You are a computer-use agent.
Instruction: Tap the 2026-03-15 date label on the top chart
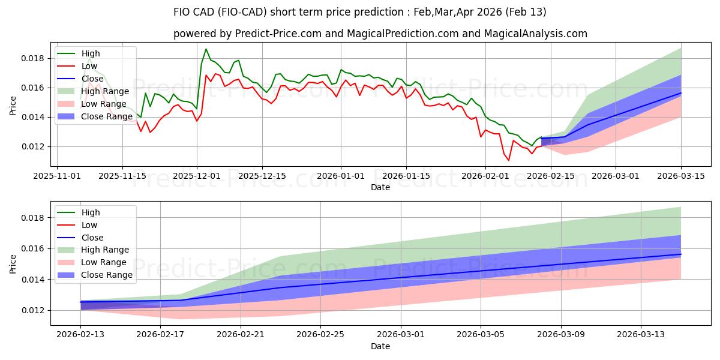point(681,176)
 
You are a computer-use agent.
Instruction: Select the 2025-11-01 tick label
point(57,176)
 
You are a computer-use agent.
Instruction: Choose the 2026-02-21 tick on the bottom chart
point(241,335)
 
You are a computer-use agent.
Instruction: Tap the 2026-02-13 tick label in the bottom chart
point(80,335)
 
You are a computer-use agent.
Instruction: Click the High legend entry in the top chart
point(90,54)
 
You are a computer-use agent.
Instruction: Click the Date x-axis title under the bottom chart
point(380,346)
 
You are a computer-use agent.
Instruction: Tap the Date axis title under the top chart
point(380,187)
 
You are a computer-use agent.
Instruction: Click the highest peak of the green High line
point(206,49)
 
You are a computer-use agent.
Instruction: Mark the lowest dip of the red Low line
point(509,160)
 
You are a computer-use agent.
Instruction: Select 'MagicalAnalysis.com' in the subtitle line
point(541,34)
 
